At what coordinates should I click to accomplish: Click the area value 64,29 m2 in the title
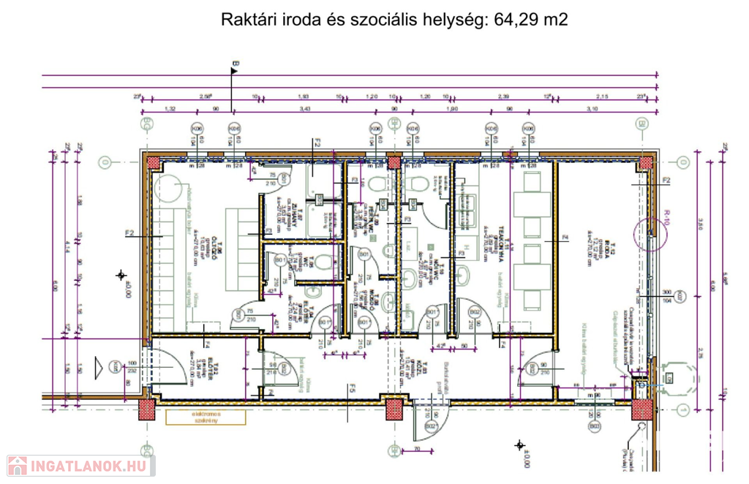click(521, 20)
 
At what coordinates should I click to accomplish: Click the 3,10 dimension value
click(592, 109)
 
